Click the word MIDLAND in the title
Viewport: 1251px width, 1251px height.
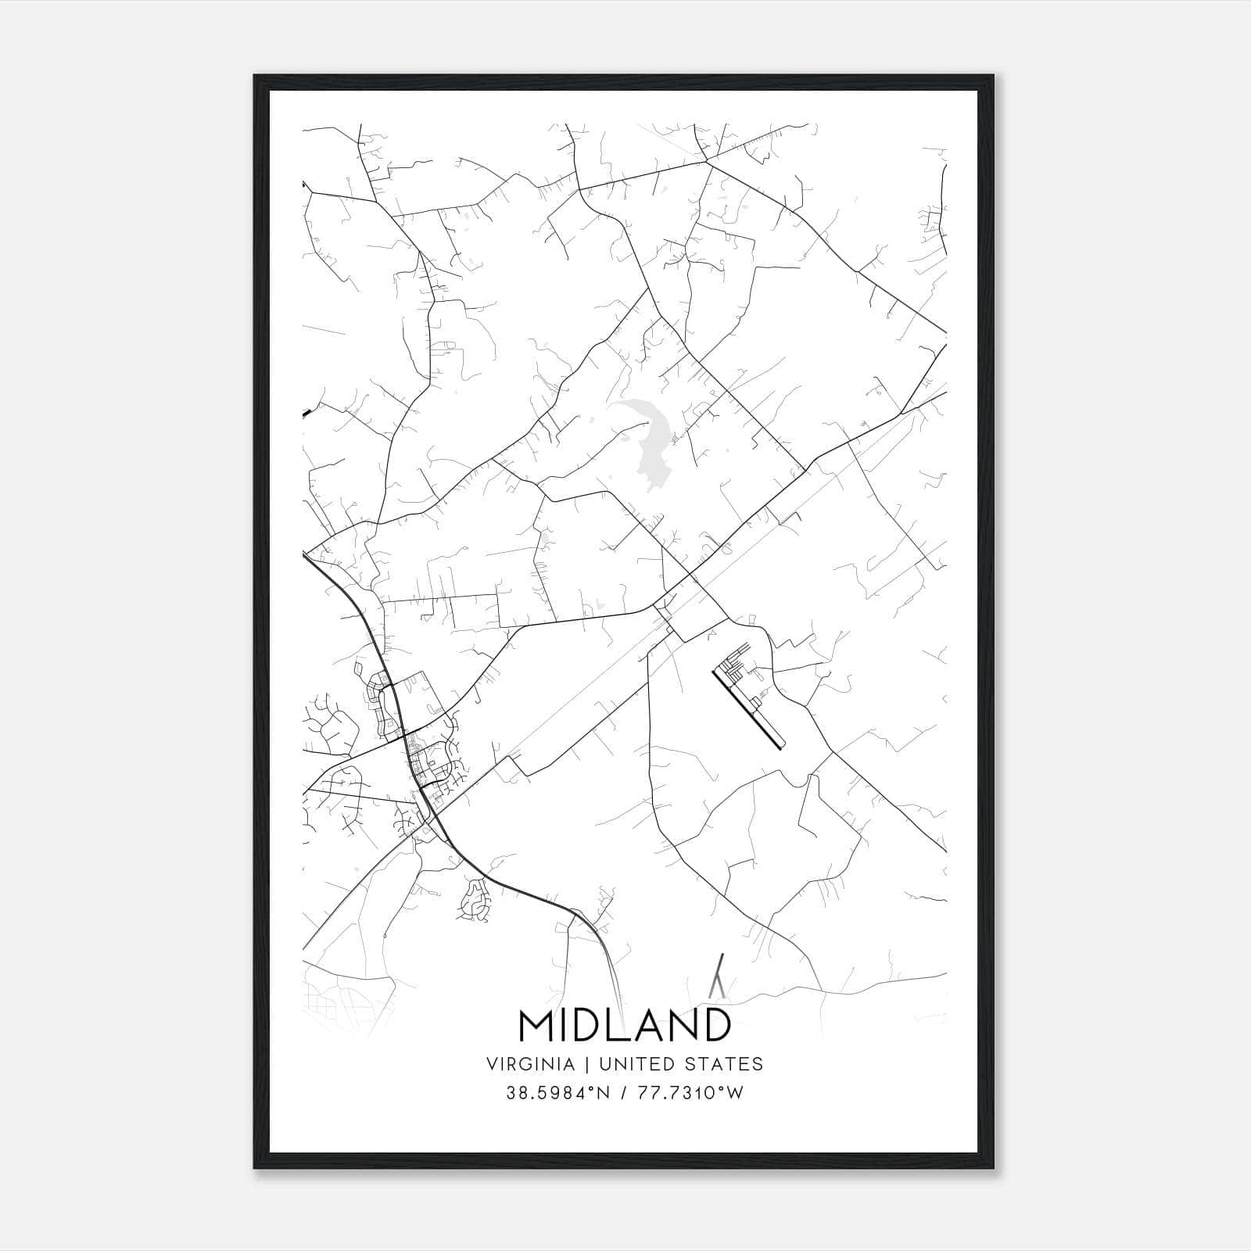pos(625,1026)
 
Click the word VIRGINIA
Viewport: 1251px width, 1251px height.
pos(530,1064)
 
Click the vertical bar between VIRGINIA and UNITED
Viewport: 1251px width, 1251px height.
pos(579,1064)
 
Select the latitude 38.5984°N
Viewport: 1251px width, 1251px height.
pos(556,1093)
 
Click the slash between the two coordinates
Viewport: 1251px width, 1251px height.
pos(623,1093)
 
